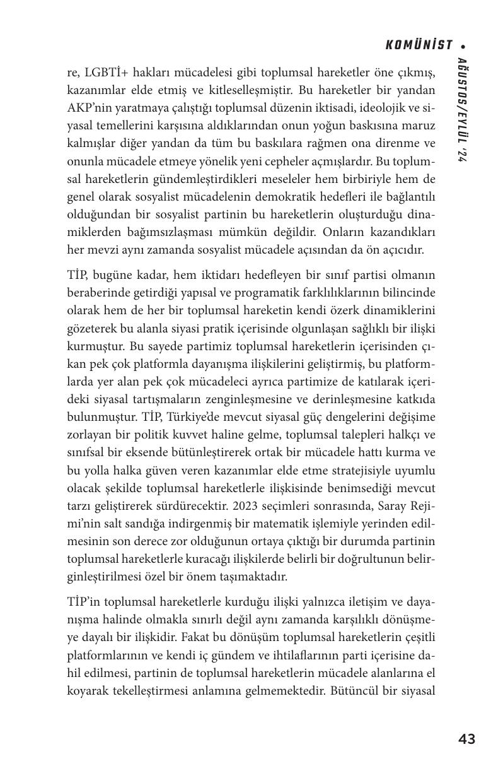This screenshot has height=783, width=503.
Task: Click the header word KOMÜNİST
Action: pos(419,45)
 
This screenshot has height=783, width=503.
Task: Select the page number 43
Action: pos(466,739)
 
